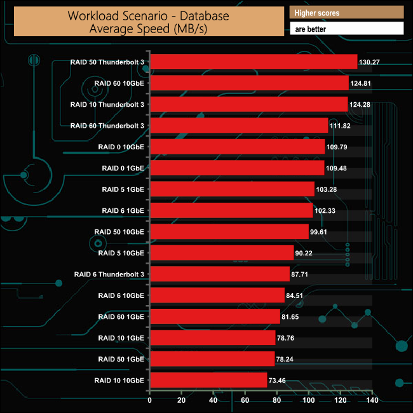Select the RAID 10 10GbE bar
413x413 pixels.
208,380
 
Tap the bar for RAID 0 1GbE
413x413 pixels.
237,168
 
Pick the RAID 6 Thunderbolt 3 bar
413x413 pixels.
220,274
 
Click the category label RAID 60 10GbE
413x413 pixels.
119,83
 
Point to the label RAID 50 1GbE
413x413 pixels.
121,359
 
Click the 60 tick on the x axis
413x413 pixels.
245,400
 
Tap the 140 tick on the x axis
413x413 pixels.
372,400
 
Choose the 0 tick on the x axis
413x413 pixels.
150,400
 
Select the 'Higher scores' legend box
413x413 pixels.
346,13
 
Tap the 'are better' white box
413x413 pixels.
346,29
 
